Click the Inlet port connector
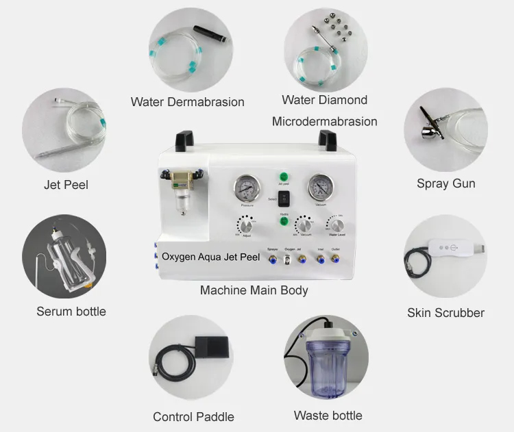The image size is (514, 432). [x=319, y=259]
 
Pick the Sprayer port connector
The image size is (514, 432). [x=271, y=259]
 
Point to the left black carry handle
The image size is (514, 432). [x=182, y=140]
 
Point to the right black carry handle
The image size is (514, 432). [x=327, y=140]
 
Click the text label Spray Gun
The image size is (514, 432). [x=445, y=183]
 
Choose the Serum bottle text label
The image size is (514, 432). [x=71, y=312]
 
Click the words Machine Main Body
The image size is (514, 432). [x=254, y=290]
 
